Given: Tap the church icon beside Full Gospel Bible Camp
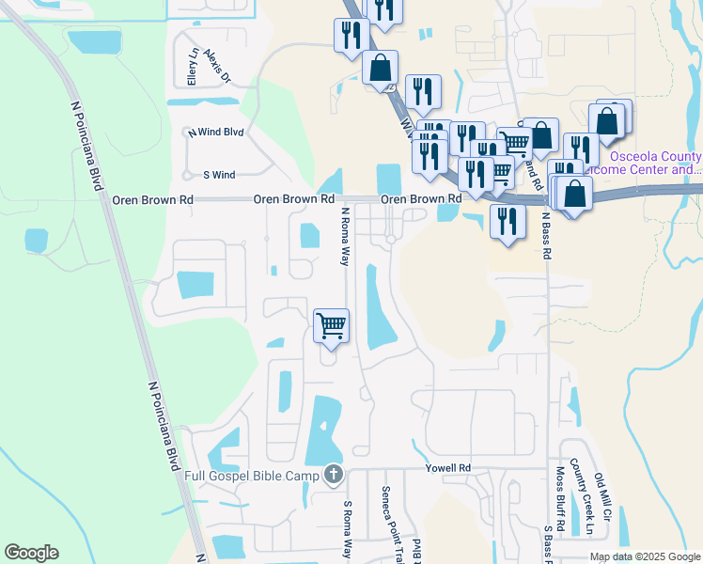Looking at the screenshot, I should click(333, 476).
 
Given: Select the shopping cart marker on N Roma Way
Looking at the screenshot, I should click(331, 326).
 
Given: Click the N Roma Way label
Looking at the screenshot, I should click(345, 237).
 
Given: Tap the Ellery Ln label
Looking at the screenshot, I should click(194, 68).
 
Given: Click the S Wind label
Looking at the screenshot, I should click(219, 175).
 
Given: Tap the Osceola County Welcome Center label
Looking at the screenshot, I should click(655, 163).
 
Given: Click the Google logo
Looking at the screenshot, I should click(31, 553).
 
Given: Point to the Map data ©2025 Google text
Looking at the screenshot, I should click(645, 556).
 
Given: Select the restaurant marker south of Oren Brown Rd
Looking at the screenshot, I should click(508, 223).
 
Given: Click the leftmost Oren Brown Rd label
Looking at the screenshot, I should click(152, 200).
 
